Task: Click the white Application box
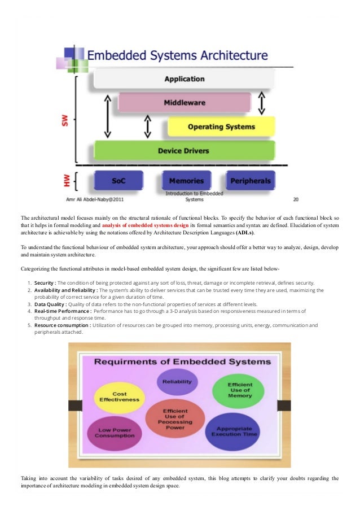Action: pyautogui.click(x=184, y=79)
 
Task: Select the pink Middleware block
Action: pyautogui.click(x=184, y=103)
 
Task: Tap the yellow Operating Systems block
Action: pyautogui.click(x=221, y=127)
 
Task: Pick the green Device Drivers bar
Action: pyautogui.click(x=184, y=150)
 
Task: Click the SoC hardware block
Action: pyautogui.click(x=118, y=181)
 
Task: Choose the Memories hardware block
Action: pyautogui.click(x=186, y=181)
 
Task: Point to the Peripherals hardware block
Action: pyautogui.click(x=250, y=181)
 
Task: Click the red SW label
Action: pyautogui.click(x=65, y=120)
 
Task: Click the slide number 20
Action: pyautogui.click(x=296, y=199)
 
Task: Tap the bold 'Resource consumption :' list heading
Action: pyautogui.click(x=63, y=325)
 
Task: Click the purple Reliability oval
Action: pyautogui.click(x=177, y=381)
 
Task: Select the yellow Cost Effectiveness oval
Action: pyautogui.click(x=119, y=396)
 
